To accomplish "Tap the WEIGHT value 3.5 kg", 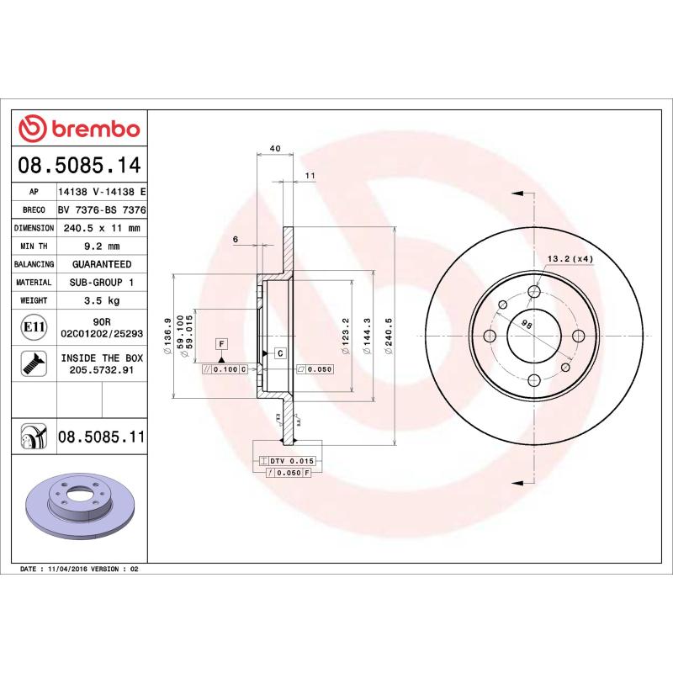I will tap(102, 299).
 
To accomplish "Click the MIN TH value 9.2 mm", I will tap(102, 246).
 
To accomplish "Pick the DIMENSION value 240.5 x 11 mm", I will tap(102, 228).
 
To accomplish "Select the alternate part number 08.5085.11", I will tap(102, 437).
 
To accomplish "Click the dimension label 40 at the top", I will tap(274, 148).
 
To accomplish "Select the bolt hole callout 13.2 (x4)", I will tap(570, 258).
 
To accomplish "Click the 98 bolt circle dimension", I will tap(527, 323).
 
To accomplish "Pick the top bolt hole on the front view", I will tap(534, 292).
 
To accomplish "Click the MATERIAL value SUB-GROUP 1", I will tap(102, 282).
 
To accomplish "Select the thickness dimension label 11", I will tap(310, 175).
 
